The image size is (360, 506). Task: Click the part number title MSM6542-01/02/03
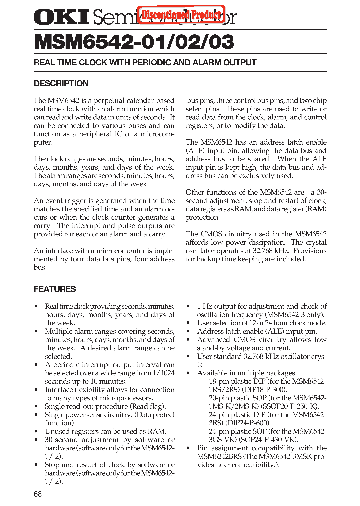pyautogui.click(x=134, y=42)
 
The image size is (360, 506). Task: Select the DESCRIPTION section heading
pyautogui.click(x=61, y=83)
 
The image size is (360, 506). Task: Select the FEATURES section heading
pyautogui.click(x=55, y=289)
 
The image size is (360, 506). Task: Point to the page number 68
pyautogui.click(x=38, y=494)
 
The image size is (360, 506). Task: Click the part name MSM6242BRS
pyautogui.click(x=221, y=456)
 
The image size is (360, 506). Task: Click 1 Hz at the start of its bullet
pyautogui.click(x=206, y=306)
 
